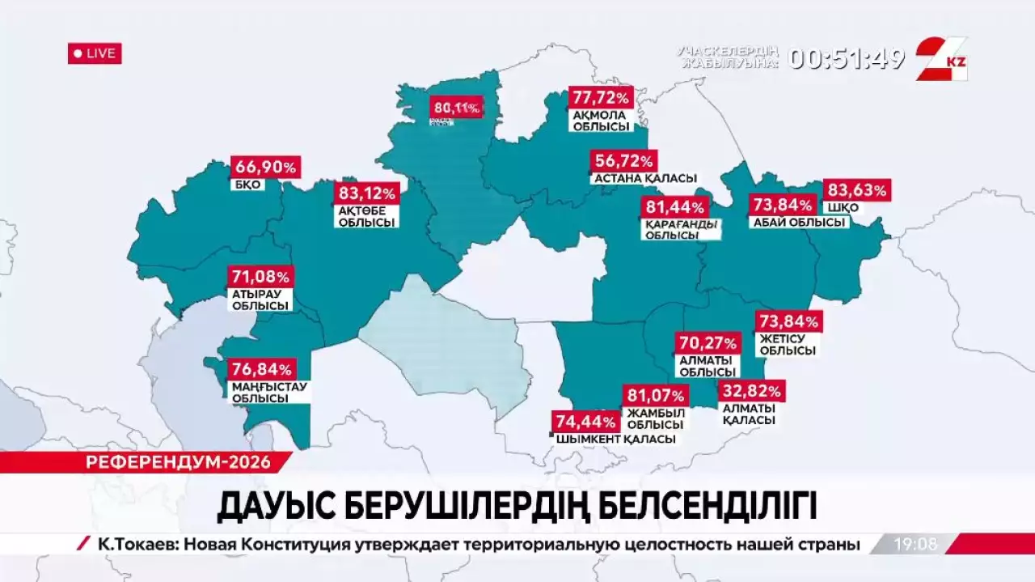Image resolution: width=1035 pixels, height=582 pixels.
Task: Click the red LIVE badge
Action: (95, 53)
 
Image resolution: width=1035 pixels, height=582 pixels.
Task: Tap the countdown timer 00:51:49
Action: (846, 58)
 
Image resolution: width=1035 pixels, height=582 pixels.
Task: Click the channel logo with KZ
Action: (941, 58)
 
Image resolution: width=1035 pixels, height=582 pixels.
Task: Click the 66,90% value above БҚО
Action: (266, 168)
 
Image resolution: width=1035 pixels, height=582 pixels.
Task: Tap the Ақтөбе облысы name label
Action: (367, 216)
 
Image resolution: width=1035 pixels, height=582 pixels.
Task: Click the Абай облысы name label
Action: (798, 223)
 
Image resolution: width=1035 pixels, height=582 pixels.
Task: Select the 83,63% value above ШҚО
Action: (856, 191)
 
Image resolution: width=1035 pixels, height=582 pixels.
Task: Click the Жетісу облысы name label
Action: (786, 345)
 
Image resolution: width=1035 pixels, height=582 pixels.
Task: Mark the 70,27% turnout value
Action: (708, 343)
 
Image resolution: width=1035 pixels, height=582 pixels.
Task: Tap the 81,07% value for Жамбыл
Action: (656, 397)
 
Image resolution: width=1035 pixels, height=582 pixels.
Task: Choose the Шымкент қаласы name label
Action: (615, 439)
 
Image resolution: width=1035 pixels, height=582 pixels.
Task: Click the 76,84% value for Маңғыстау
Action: (262, 369)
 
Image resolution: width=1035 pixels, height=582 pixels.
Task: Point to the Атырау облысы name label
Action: (260, 299)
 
